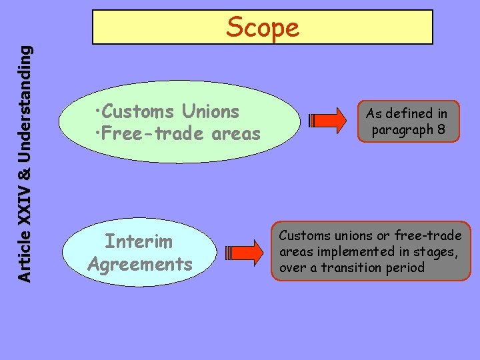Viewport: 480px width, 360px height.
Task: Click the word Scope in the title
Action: pyautogui.click(x=263, y=27)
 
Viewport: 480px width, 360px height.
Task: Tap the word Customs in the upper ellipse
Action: pyautogui.click(x=135, y=111)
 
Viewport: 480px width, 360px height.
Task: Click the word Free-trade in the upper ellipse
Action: pyautogui.click(x=153, y=134)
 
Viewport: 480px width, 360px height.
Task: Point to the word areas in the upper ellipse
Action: pyautogui.click(x=236, y=134)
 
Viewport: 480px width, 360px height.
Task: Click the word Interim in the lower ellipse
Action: pyautogui.click(x=139, y=241)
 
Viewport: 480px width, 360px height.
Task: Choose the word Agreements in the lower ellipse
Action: pyautogui.click(x=139, y=264)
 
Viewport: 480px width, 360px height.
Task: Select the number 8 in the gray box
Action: pyautogui.click(x=441, y=130)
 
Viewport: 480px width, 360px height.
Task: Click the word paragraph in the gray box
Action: pyautogui.click(x=402, y=130)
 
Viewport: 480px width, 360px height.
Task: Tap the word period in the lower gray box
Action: pyautogui.click(x=408, y=267)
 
